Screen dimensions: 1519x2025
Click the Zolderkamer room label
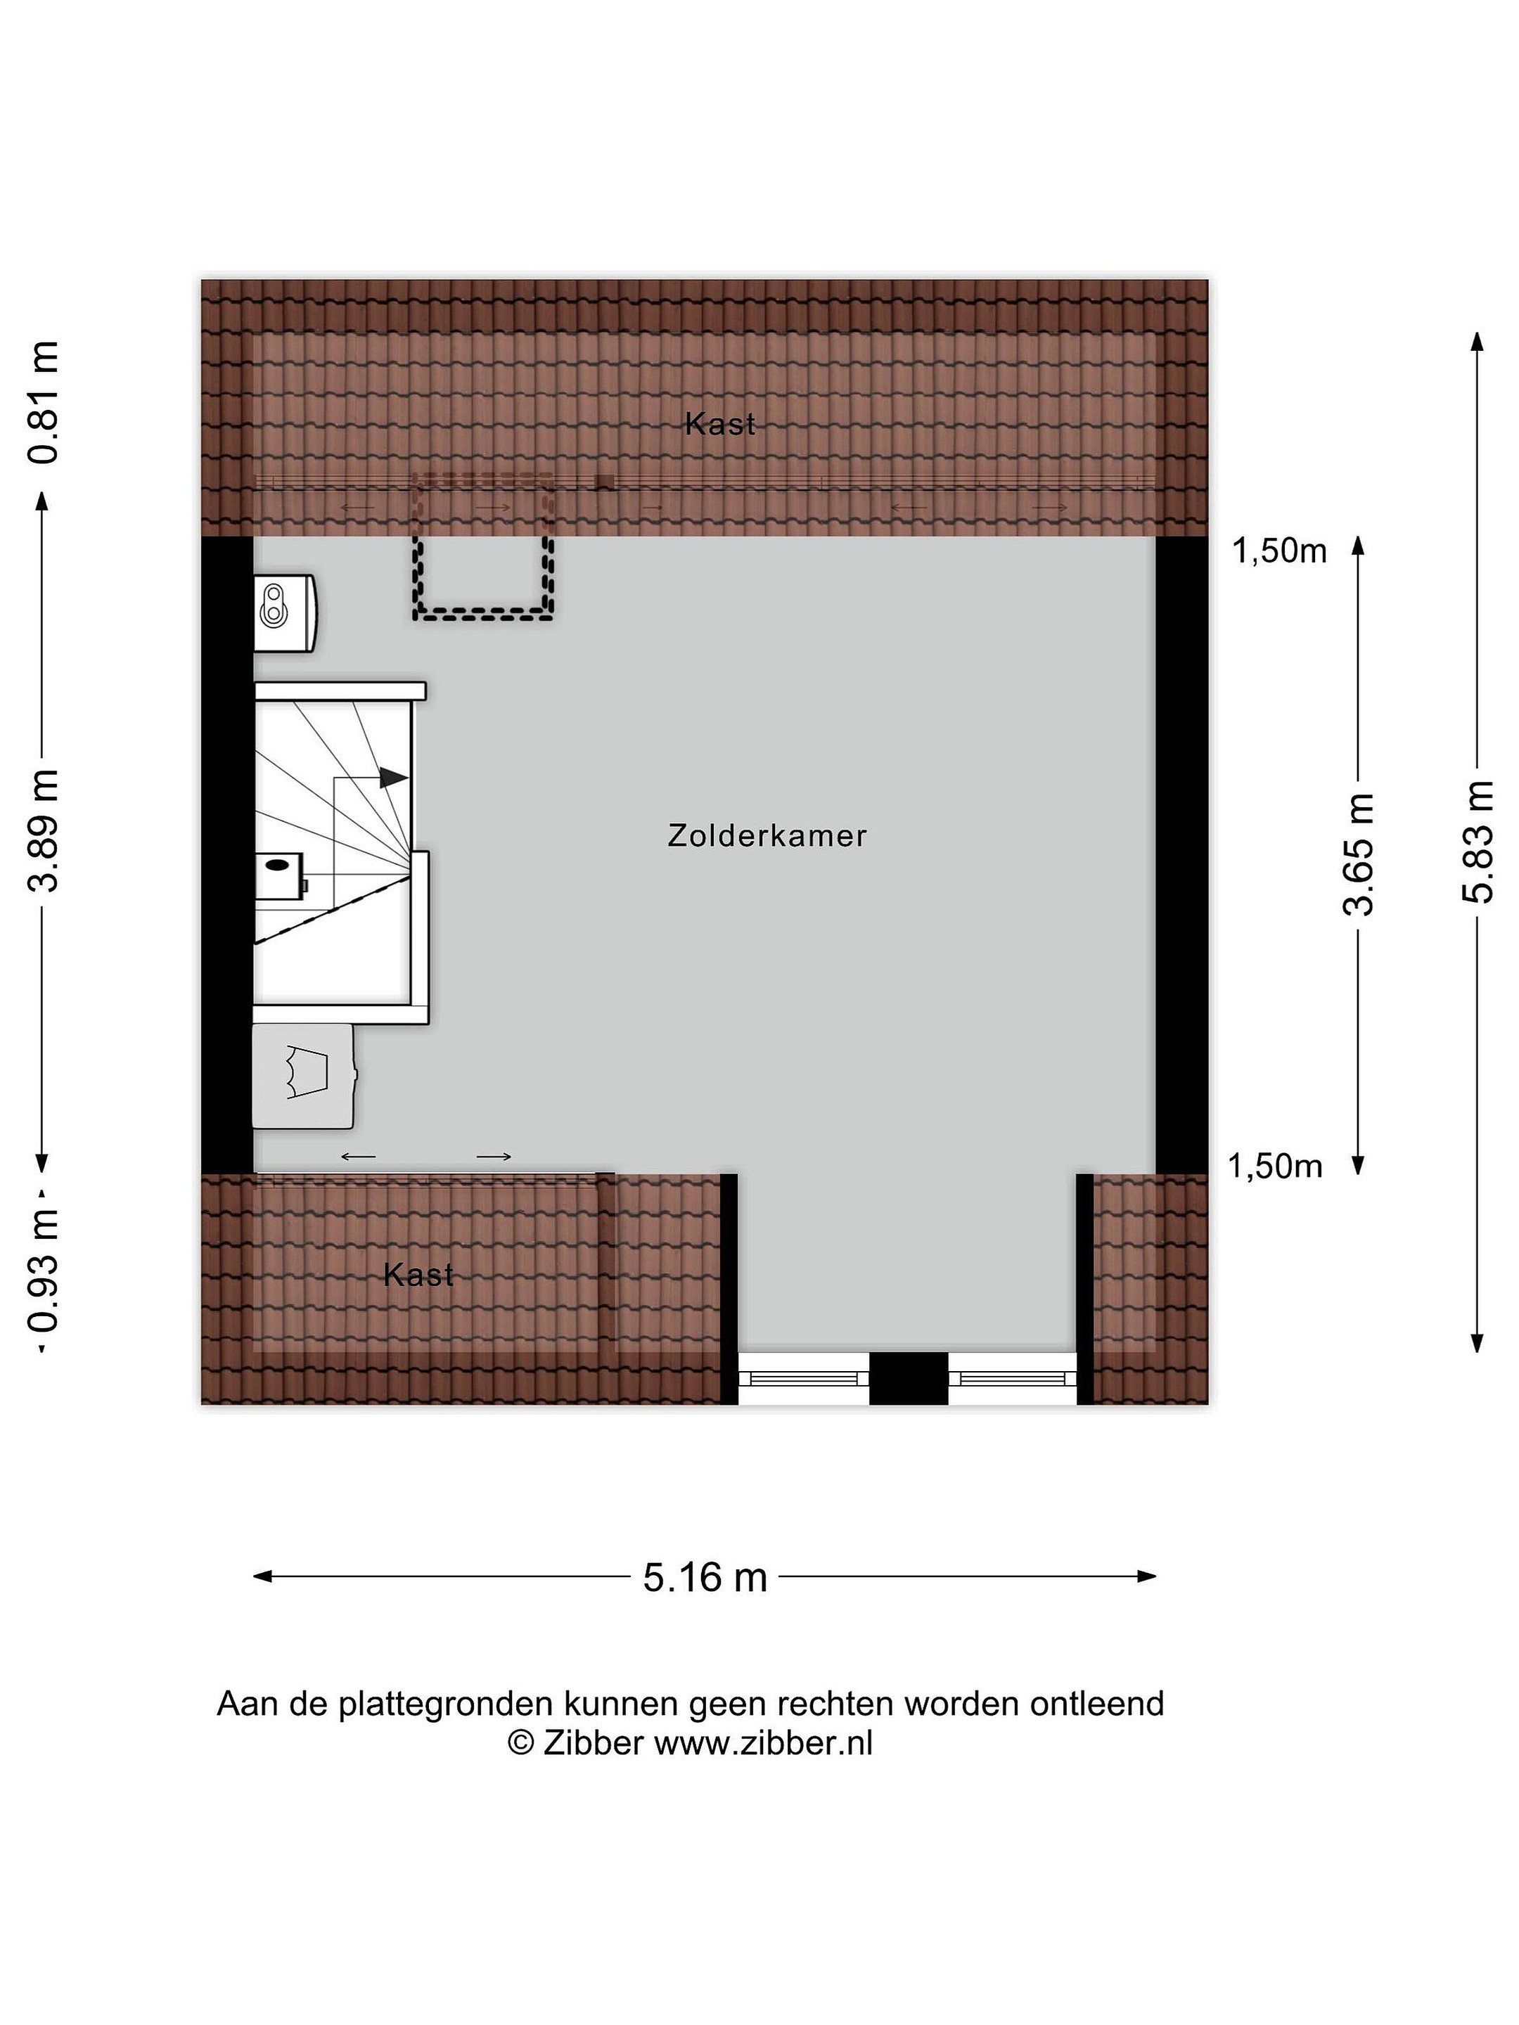[767, 836]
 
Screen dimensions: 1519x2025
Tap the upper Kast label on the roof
[719, 424]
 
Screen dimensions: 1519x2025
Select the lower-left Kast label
[418, 1274]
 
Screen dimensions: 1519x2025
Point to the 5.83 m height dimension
[1477, 842]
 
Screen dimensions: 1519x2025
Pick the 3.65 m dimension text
[1359, 855]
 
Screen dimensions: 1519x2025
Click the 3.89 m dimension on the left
[43, 830]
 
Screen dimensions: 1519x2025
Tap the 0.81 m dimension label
[43, 402]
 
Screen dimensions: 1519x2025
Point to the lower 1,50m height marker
[1276, 1166]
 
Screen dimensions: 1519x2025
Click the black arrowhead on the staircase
[394, 777]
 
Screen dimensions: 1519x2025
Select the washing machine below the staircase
[304, 1076]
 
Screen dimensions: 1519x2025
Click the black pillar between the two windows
[909, 1379]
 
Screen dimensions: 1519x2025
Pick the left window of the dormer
[803, 1379]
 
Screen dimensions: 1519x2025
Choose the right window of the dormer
[1013, 1379]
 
